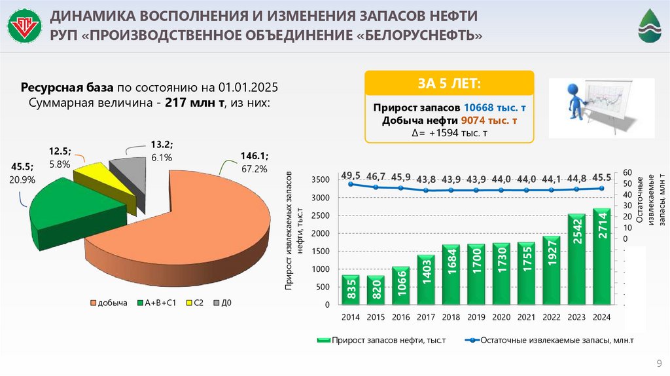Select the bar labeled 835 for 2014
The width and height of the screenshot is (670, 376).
(351, 291)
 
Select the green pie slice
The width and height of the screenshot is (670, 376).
(72, 210)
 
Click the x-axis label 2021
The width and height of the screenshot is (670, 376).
(526, 318)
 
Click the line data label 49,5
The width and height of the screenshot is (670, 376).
(350, 175)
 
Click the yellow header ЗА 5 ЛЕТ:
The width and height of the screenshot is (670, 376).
(449, 84)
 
